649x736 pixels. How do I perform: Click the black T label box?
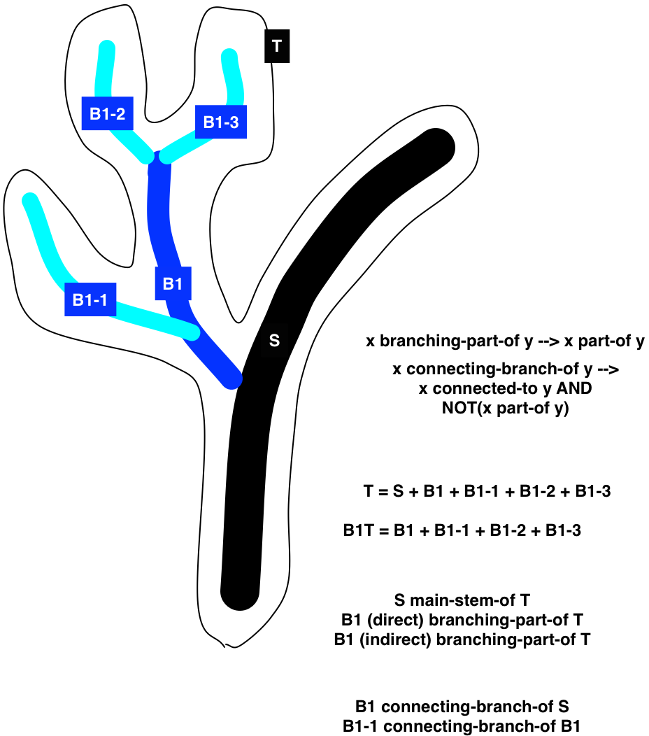coord(277,47)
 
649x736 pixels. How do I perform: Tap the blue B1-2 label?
coord(107,113)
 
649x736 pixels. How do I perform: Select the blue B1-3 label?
coord(221,122)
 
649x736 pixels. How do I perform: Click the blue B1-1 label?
coord(90,299)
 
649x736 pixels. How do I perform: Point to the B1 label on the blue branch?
coord(173,284)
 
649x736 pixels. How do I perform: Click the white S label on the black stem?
coord(275,340)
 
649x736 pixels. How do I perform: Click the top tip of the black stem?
coord(438,146)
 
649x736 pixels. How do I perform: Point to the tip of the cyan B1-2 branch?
coord(108,48)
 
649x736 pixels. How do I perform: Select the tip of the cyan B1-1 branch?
coord(29,200)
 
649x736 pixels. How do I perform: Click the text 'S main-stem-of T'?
coord(462,600)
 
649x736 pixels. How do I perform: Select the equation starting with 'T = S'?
coord(487,492)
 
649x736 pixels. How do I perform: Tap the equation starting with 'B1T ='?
coord(462,530)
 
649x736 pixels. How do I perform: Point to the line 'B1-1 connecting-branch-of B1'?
coord(462,726)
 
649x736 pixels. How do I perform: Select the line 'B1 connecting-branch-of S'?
coord(466,706)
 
